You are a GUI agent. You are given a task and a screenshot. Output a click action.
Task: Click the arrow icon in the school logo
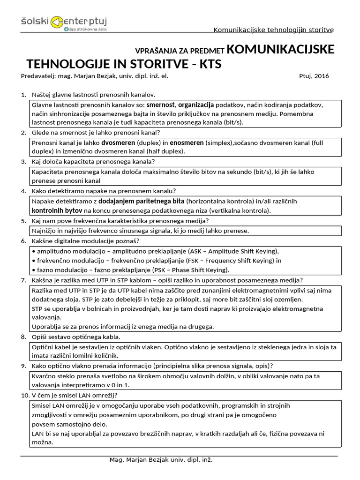(57, 21)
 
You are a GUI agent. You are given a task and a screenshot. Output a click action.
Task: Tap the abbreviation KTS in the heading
(209, 64)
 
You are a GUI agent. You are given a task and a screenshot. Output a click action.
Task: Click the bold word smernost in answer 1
(161, 105)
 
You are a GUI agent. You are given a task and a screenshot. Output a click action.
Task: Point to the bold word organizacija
(196, 105)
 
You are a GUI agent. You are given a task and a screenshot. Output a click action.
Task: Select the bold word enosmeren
(187, 142)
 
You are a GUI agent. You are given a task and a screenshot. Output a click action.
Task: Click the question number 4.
(23, 191)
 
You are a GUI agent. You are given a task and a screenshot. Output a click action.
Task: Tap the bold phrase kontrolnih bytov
(57, 211)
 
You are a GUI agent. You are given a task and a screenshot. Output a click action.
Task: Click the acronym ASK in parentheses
(203, 250)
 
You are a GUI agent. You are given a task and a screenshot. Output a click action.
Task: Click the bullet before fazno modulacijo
(33, 270)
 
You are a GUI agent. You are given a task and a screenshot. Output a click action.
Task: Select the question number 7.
(23, 280)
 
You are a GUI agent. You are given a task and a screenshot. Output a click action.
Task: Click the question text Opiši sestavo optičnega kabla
(76, 337)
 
